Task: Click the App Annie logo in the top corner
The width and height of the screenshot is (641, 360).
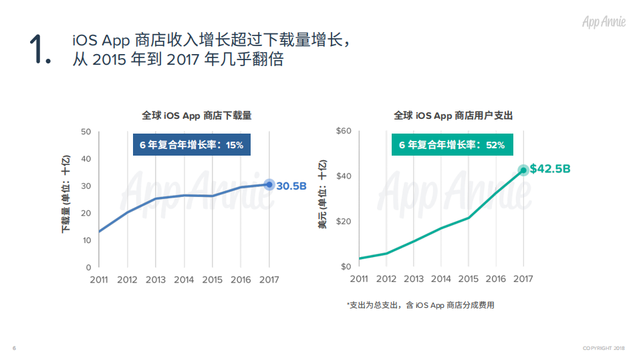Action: [604, 21]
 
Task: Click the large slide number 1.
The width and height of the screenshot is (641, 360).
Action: [39, 50]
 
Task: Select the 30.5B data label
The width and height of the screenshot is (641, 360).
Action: [291, 186]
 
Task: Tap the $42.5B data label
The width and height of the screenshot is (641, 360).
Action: [549, 169]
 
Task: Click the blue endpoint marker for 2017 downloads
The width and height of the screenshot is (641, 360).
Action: [269, 184]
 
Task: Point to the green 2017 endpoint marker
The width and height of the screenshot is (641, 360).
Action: [523, 170]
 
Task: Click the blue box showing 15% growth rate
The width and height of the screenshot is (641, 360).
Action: [191, 144]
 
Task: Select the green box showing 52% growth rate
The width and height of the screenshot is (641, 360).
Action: [452, 144]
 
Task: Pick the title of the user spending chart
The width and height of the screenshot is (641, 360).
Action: [453, 116]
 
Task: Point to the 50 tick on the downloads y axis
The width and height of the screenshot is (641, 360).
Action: [86, 132]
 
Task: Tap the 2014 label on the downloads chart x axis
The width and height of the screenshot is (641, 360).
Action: [184, 280]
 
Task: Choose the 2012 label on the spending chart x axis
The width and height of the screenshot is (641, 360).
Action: [386, 279]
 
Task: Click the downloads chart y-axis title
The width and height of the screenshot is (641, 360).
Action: [66, 195]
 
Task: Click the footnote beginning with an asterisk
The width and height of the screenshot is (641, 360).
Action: [420, 305]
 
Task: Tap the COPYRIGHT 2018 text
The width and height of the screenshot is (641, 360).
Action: [604, 348]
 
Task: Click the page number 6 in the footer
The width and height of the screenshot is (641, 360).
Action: [14, 348]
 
